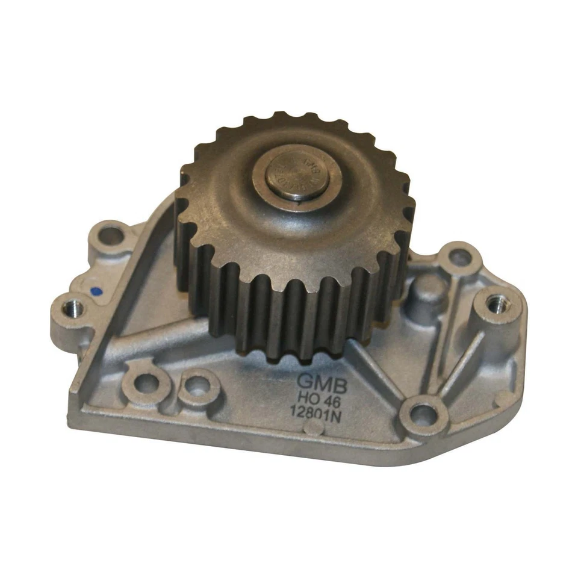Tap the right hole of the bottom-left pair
click(x=196, y=385)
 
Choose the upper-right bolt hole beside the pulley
click(x=460, y=258)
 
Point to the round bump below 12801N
click(x=311, y=428)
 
